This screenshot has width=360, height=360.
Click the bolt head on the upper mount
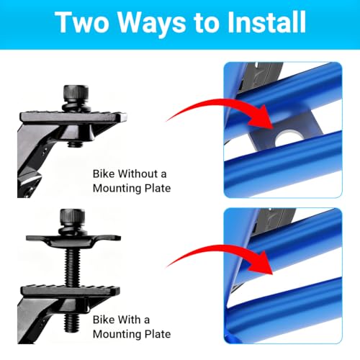pos(76,93)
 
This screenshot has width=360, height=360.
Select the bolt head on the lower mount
pos(72,217)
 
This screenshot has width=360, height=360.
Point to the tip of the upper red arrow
pos(273,129)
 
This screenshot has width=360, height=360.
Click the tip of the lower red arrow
pos(273,274)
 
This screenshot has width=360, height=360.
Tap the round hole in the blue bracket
pos(286,138)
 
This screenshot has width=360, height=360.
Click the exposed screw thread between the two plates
pos(72,267)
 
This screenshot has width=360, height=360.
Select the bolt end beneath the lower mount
pos(72,323)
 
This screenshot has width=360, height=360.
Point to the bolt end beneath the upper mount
pos(75,144)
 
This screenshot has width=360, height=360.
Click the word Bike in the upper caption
pos(104,174)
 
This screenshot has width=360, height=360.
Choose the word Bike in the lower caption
pos(104,320)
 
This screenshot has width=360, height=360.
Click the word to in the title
pos(207,24)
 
